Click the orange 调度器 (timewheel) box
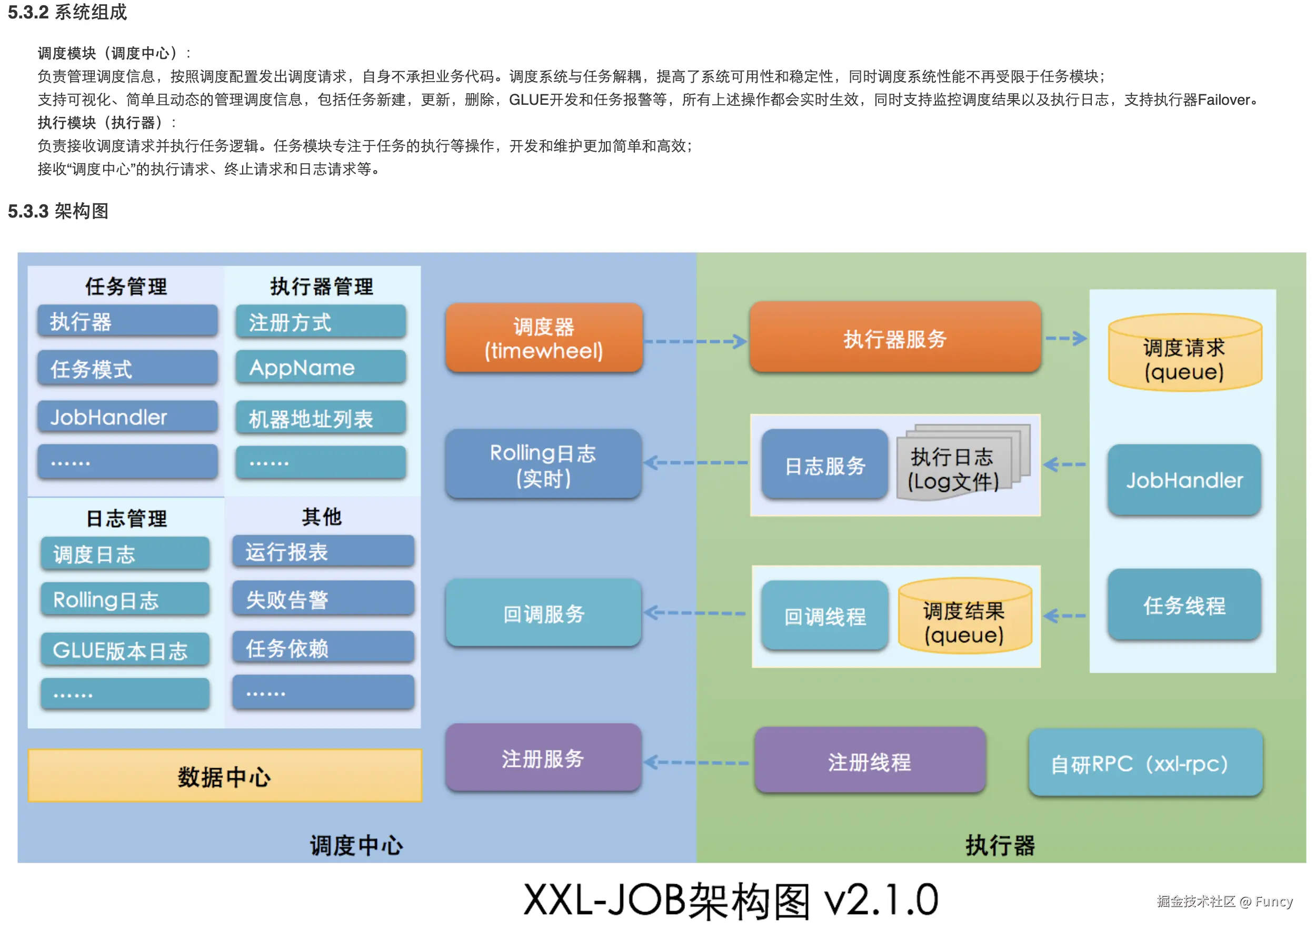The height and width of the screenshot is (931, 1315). click(543, 338)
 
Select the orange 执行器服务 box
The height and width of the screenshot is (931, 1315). click(894, 338)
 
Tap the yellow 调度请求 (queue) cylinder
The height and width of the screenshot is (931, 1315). click(1184, 355)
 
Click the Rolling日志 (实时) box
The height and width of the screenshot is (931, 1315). click(543, 464)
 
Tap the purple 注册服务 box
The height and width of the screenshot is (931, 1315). click(543, 758)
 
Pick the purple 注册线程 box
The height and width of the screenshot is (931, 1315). click(869, 761)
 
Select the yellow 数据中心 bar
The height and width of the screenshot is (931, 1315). click(225, 776)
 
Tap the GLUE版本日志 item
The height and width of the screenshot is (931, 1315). click(124, 650)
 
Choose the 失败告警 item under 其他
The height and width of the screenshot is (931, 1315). click(323, 600)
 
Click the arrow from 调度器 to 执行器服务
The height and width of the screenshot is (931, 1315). click(695, 342)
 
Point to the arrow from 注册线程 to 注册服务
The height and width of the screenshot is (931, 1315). click(695, 762)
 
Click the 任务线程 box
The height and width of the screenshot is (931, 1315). click(1184, 606)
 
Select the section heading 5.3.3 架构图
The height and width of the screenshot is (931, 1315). click(58, 211)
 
